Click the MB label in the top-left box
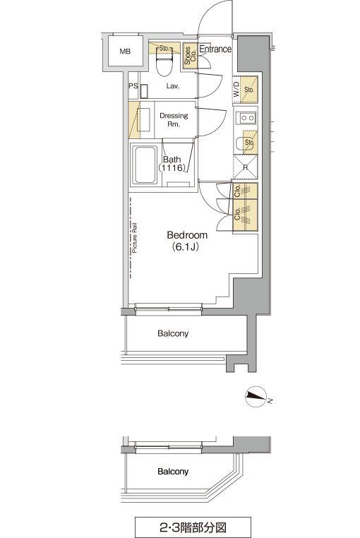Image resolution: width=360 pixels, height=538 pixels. [125, 52]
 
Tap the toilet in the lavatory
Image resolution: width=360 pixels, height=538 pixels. [164, 61]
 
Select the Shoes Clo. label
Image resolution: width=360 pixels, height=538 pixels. [190, 56]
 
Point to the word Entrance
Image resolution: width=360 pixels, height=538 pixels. [215, 49]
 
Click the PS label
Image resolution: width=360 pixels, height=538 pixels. [133, 85]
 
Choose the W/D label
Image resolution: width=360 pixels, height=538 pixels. [236, 89]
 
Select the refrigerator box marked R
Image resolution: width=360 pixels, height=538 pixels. [245, 167]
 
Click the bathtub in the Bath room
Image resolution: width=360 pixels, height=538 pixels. [145, 165]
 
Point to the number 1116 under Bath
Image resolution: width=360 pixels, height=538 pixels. [172, 168]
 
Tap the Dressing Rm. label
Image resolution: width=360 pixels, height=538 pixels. [174, 120]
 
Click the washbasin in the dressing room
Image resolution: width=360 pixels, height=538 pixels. [143, 120]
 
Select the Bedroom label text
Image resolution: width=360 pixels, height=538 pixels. [187, 235]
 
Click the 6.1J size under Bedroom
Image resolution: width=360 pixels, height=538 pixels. [186, 246]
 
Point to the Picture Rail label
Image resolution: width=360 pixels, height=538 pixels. [135, 238]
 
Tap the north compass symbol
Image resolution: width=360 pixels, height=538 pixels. [256, 397]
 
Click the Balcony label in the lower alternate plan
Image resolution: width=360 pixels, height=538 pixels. [173, 472]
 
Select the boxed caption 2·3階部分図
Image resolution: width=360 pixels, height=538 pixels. [193, 526]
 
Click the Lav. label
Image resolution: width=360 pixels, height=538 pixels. [173, 86]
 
